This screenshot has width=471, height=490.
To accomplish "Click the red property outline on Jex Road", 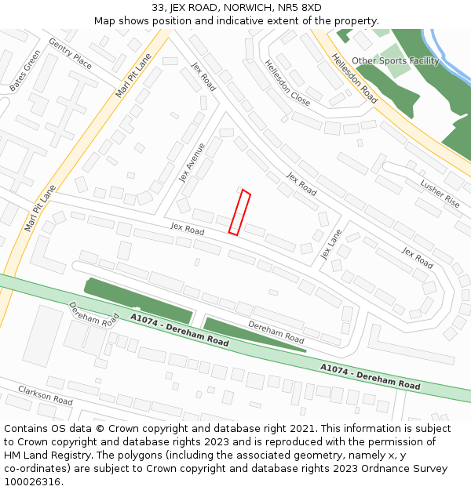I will point(239,212).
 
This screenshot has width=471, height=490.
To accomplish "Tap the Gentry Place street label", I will point(70,53).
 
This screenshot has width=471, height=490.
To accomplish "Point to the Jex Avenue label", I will point(192,162).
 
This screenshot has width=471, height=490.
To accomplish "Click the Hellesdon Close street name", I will point(287,82).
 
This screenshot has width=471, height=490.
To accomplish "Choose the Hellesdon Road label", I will point(354,78).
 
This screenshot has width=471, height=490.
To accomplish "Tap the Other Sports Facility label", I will point(395,60).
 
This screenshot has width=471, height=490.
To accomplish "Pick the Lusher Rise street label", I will point(440,193).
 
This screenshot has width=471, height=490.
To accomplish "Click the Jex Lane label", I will point(331,245).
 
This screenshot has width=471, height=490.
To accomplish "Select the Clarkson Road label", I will point(46,394).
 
